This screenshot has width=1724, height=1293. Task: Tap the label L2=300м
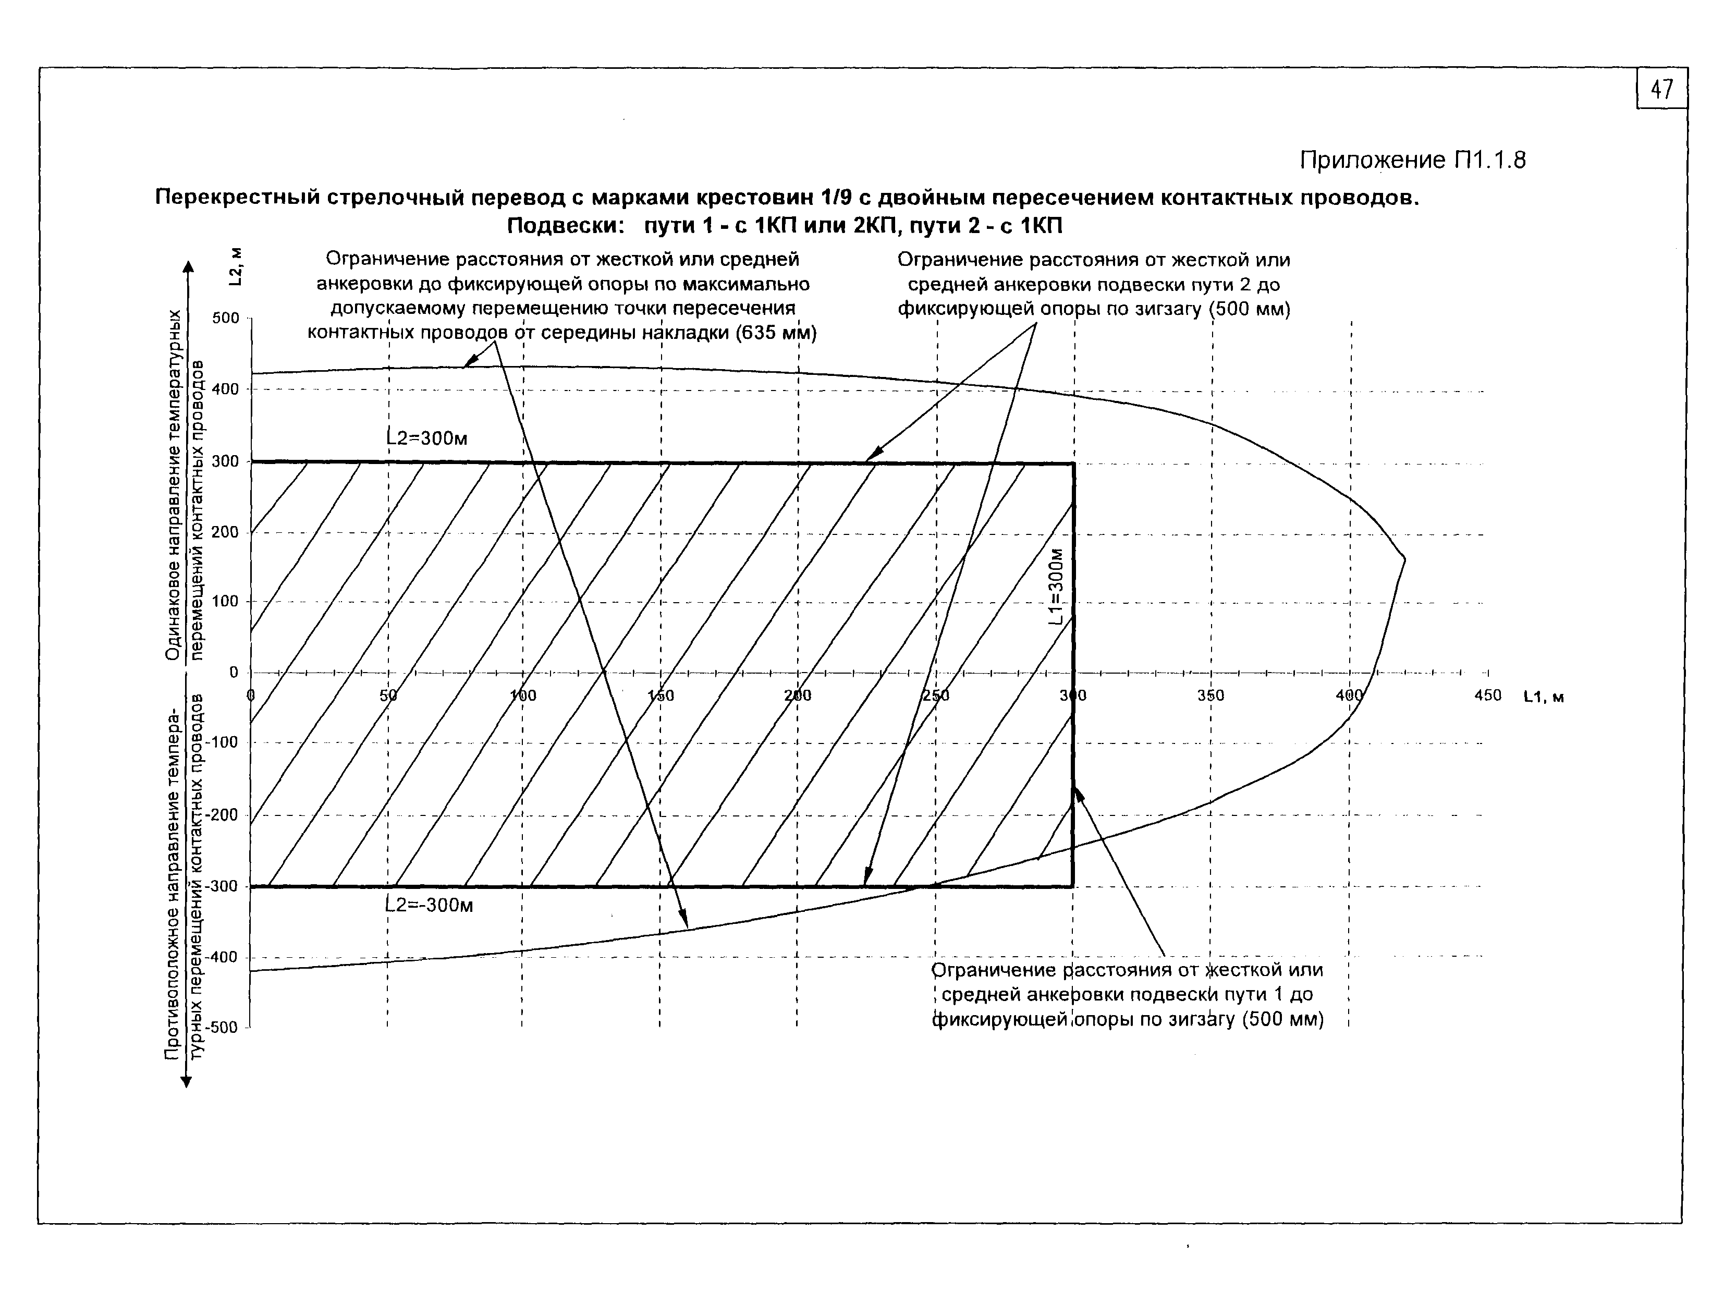coord(427,439)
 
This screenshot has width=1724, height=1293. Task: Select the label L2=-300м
coord(430,906)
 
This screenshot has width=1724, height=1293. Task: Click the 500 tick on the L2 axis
coord(225,318)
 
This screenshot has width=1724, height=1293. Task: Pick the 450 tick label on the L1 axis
coord(1487,695)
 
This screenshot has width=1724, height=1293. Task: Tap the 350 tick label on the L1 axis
coord(1211,695)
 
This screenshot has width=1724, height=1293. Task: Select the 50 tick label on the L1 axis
coord(388,695)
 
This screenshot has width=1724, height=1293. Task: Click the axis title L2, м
coord(236,266)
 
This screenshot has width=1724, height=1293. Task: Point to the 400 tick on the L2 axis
coord(225,389)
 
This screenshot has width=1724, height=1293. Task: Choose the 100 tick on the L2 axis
coord(225,602)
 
